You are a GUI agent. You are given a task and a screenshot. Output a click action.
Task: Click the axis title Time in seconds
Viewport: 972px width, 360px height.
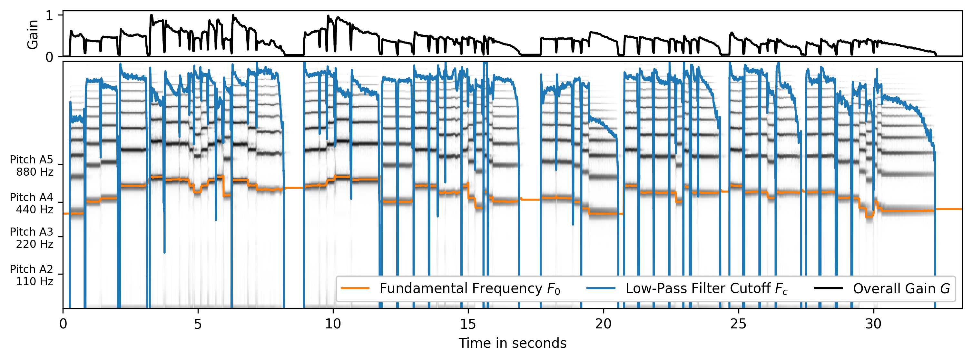512,343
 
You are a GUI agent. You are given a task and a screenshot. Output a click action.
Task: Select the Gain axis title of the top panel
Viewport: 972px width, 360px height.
33,34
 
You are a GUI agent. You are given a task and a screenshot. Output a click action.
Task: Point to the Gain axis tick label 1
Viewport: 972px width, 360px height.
49,15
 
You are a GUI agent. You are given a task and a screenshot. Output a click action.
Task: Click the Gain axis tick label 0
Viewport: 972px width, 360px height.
49,57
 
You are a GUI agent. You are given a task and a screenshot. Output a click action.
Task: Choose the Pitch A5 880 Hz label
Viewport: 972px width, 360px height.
31,166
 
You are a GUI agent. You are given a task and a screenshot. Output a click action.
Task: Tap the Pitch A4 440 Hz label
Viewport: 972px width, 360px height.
31,203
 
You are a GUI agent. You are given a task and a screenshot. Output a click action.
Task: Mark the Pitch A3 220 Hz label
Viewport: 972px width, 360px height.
31,238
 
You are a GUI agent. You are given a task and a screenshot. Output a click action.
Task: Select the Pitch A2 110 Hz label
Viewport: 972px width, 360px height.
31,275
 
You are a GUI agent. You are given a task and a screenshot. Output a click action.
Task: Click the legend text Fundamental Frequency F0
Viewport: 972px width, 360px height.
469,289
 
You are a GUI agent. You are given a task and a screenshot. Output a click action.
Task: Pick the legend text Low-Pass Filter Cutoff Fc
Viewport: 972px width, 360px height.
706,289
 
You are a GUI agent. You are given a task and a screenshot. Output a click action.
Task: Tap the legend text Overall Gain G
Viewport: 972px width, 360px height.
901,289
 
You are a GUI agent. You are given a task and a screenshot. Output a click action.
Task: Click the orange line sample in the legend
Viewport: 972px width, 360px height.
355,288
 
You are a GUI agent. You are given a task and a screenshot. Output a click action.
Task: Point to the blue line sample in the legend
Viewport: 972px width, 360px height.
601,288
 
